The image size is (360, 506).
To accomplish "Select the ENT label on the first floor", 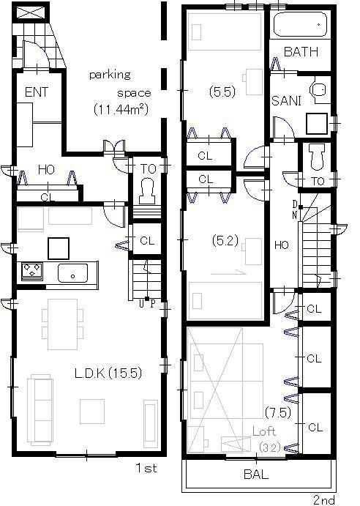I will coord(36,93).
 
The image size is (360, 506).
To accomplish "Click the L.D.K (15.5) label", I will coord(108,373).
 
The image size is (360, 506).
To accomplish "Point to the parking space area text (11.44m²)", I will coord(121,109).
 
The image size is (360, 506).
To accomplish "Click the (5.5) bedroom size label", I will coord(221,93).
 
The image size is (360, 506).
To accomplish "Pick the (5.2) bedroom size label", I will coord(221,239).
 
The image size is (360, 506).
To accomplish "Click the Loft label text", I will coord(264,431).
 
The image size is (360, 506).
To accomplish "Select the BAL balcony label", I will coord(255,475).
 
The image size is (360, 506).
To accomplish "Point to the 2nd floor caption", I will coord(324,499).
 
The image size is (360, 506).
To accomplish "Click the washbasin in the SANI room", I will coord(318,90).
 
